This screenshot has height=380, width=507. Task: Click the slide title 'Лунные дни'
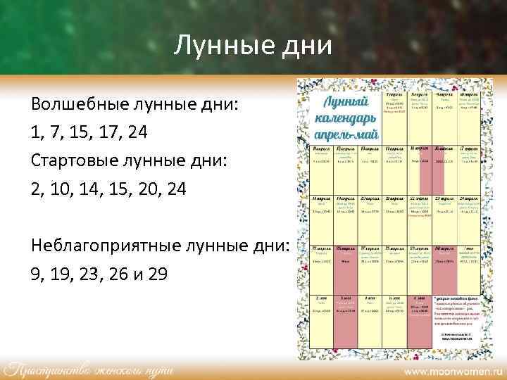[x=253, y=46]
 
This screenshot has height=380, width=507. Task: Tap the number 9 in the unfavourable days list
[x=35, y=272]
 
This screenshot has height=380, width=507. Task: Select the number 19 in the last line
[x=60, y=272]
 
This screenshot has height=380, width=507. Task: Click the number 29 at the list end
[x=158, y=272]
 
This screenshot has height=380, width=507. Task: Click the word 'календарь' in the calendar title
[x=346, y=117]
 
